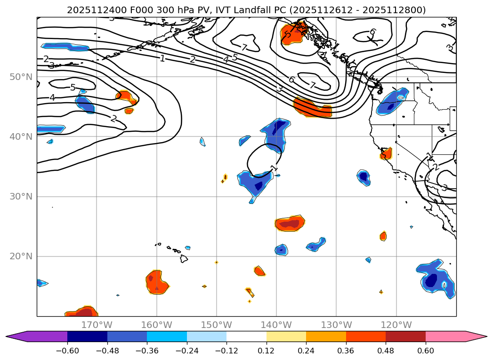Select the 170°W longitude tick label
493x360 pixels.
[97, 325]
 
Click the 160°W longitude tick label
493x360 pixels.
[156, 325]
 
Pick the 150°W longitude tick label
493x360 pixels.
[217, 325]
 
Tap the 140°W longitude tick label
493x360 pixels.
[276, 325]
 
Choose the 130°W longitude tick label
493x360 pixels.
[336, 325]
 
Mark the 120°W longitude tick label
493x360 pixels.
[396, 325]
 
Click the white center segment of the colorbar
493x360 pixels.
[246, 336]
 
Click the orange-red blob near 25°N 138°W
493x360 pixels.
[290, 223]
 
